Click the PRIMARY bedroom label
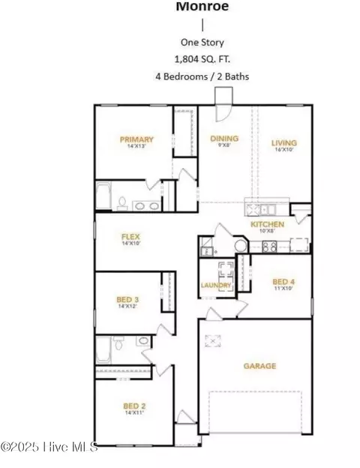(x=136, y=139)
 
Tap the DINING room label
(x=223, y=139)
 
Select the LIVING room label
(x=285, y=142)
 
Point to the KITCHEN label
(x=267, y=224)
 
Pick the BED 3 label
(x=127, y=299)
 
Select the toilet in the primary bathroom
(x=121, y=203)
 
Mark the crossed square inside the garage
(x=215, y=340)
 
